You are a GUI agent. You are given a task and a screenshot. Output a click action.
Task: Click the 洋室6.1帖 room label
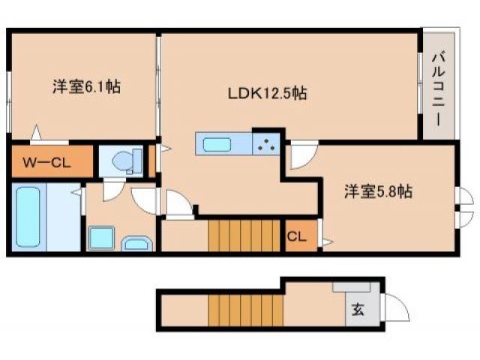click(x=86, y=88)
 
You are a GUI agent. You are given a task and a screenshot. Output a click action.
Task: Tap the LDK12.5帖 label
click(x=266, y=94)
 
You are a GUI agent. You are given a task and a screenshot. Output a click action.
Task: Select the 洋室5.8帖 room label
click(x=377, y=192)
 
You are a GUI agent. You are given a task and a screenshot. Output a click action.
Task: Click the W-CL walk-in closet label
click(x=46, y=162)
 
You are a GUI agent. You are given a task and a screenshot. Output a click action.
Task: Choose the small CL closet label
click(x=297, y=238)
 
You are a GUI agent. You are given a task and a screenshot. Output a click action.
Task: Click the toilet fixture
click(x=124, y=160)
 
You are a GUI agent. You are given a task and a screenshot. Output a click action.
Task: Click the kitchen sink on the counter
click(x=217, y=142)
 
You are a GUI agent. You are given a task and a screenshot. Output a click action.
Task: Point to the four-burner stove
click(x=265, y=142)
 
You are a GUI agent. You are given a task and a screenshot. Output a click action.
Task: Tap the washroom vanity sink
click(x=136, y=243)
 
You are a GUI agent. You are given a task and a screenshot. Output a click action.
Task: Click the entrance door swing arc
click(x=396, y=307)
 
